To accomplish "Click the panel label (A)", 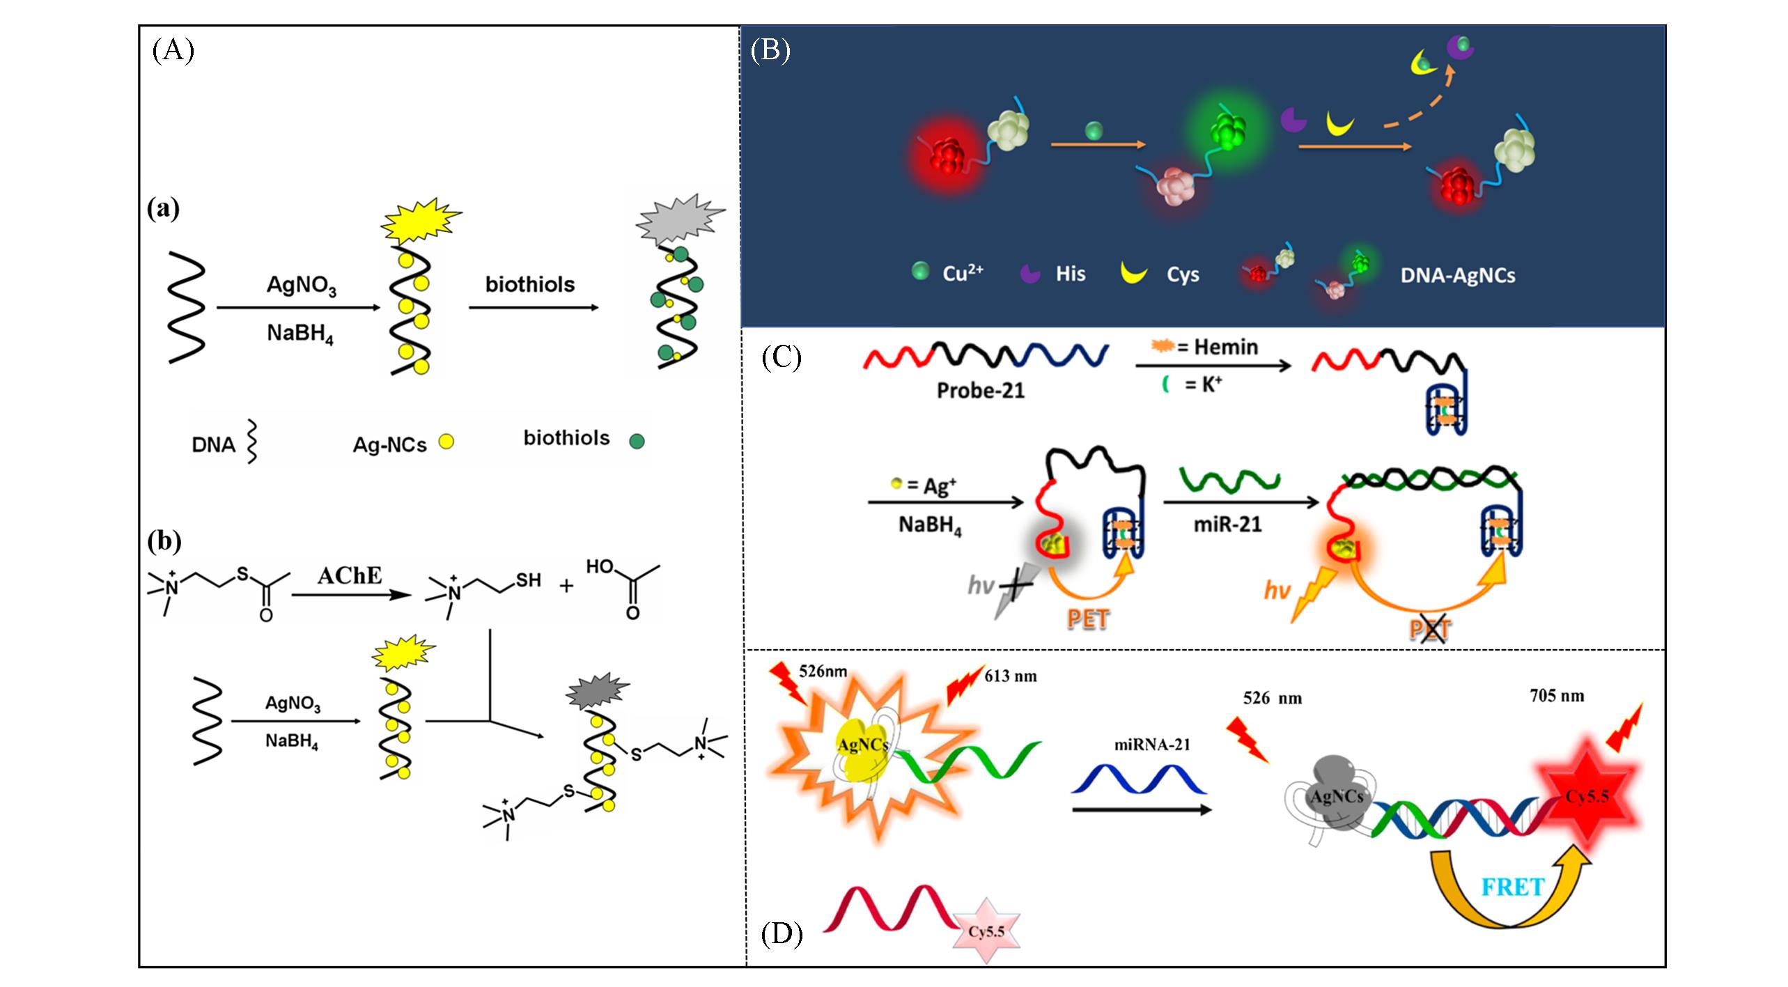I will tap(172, 51).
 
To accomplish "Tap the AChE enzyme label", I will tap(350, 575).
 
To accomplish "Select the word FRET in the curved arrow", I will tap(1513, 887).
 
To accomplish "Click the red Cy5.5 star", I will tap(1587, 795).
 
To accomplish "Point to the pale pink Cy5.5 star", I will tap(986, 931).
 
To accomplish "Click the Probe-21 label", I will tap(981, 390).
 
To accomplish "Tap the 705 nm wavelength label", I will tap(1557, 696).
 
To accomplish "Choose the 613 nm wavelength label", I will tap(1010, 676).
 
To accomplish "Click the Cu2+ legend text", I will tap(963, 274).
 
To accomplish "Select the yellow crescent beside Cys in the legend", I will tap(1133, 272).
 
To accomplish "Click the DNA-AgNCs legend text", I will tap(1458, 276).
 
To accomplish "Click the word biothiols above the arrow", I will tap(530, 284).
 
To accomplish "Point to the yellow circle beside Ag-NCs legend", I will tap(446, 442).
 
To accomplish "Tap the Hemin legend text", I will tap(1225, 347).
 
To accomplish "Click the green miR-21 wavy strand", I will tap(1229, 479).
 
